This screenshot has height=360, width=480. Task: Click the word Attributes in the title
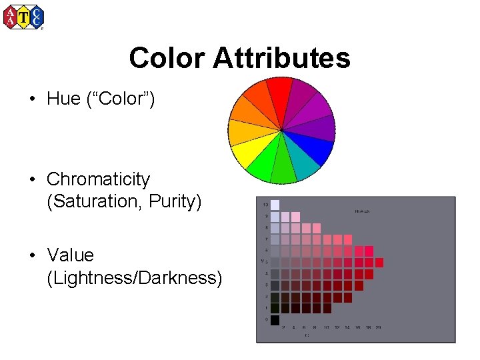pyautogui.click(x=282, y=59)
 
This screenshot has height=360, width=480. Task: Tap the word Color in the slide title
pyautogui.click(x=168, y=59)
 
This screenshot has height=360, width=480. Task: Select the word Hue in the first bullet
pyautogui.click(x=64, y=99)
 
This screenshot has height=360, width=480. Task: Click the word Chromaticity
pyautogui.click(x=98, y=179)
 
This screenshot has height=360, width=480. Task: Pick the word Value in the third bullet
pyautogui.click(x=70, y=255)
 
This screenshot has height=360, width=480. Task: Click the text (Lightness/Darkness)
pyautogui.click(x=135, y=277)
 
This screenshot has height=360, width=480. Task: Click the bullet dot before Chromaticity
pyautogui.click(x=32, y=179)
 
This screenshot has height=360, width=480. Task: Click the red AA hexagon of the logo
pyautogui.click(x=11, y=17)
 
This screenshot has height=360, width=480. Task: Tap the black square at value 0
pyautogui.click(x=275, y=320)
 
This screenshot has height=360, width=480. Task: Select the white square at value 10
pyautogui.click(x=275, y=205)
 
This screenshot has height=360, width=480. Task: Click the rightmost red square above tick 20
pyautogui.click(x=379, y=263)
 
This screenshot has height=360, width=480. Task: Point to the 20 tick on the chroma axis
pyautogui.click(x=378, y=327)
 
